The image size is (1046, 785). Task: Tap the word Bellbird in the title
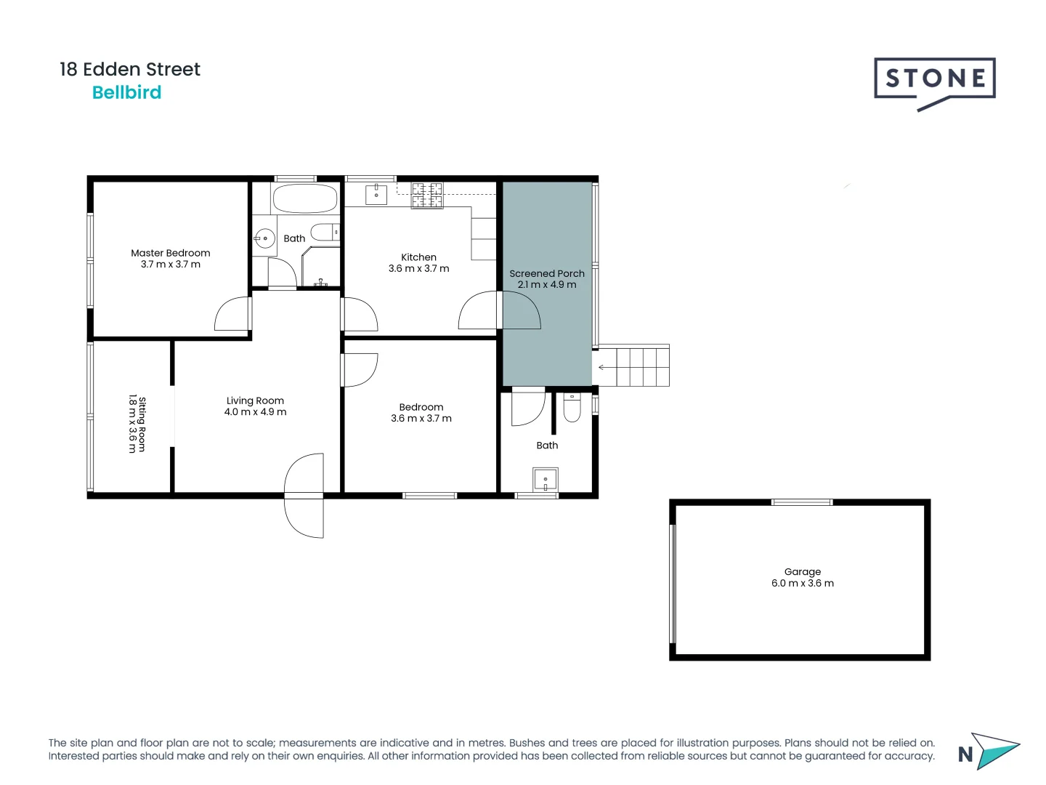click(x=126, y=92)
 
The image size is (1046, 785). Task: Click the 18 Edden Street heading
click(x=129, y=69)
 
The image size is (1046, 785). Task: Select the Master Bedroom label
click(x=171, y=253)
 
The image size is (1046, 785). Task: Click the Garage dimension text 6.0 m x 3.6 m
click(x=802, y=583)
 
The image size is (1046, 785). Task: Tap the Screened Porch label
click(x=546, y=273)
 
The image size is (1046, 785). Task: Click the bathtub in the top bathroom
click(x=304, y=198)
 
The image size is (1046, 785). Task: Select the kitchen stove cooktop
click(x=427, y=196)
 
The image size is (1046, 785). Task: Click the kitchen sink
click(x=376, y=194)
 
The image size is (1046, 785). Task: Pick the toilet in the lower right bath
click(x=572, y=408)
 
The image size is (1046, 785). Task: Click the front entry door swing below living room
click(x=304, y=496)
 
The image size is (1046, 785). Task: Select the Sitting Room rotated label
click(x=137, y=424)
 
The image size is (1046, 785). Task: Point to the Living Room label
click(x=255, y=400)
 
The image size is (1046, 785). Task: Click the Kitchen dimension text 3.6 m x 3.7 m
click(x=418, y=269)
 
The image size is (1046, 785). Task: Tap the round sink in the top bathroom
click(x=265, y=238)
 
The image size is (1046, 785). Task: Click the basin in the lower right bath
click(x=545, y=480)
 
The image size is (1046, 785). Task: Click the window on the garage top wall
click(x=801, y=502)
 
